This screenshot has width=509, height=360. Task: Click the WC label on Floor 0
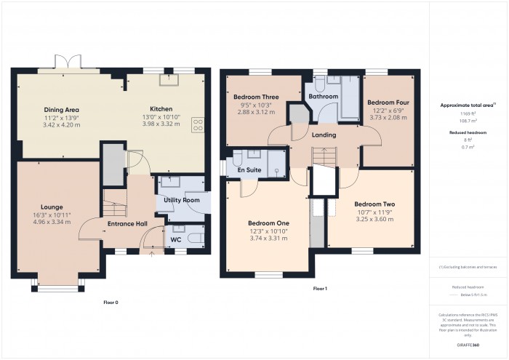(x=175, y=239)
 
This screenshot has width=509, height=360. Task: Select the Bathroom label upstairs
(x=323, y=96)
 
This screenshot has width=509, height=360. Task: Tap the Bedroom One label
(x=268, y=223)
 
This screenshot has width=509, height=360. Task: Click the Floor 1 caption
(x=320, y=289)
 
